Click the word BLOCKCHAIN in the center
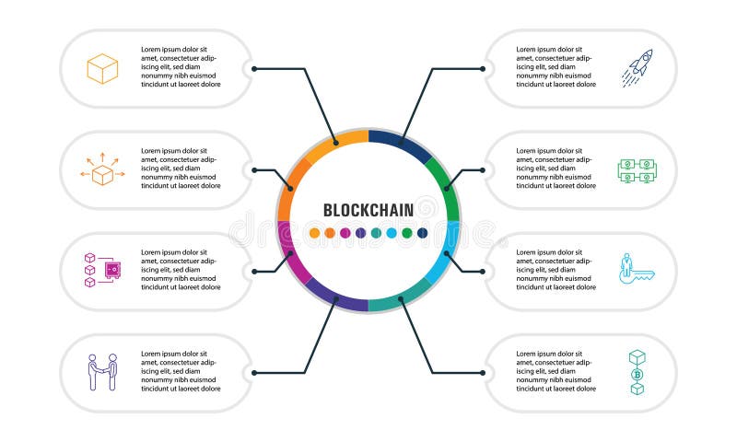click(368, 209)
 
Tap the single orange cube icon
click(102, 68)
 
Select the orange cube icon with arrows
click(102, 170)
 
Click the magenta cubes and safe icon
click(102, 270)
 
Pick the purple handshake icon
click(102, 372)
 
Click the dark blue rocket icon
click(637, 68)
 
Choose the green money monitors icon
click(637, 170)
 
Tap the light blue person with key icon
click(637, 270)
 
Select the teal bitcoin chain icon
click(637, 372)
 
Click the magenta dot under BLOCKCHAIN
click(345, 233)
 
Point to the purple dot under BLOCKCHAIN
click(361, 233)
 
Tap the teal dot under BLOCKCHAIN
click(376, 233)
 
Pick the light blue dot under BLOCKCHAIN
click(392, 233)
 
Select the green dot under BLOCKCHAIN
click(406, 233)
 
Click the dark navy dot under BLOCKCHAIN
click(422, 233)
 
